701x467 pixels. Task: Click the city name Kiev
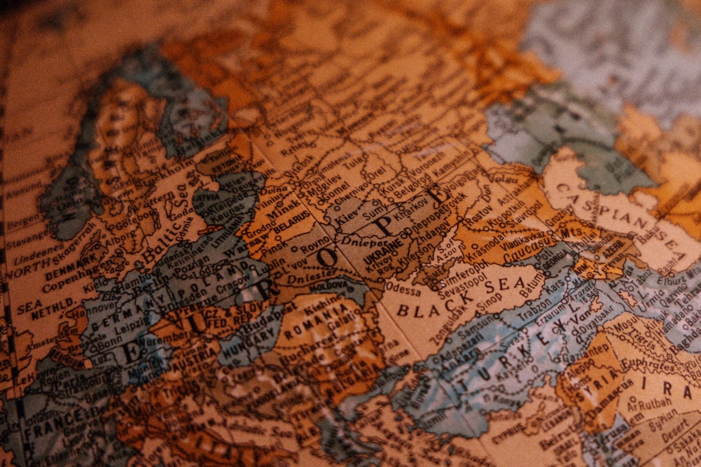click(347, 213)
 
